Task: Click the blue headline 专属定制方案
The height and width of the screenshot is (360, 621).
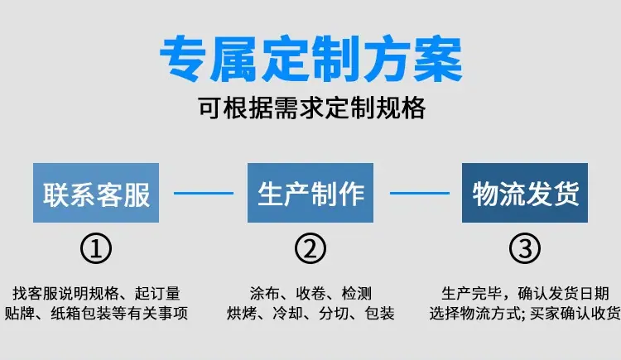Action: pyautogui.click(x=310, y=59)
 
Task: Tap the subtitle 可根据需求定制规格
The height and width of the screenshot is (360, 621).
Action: pyautogui.click(x=311, y=108)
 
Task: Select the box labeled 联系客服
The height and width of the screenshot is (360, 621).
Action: pyautogui.click(x=96, y=193)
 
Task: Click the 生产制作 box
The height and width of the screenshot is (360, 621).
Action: pyautogui.click(x=310, y=193)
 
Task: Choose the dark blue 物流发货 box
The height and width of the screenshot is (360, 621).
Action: pyautogui.click(x=525, y=193)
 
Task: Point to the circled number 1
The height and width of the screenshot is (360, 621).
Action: pyautogui.click(x=96, y=248)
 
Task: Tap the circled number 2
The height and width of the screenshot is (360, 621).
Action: pyautogui.click(x=310, y=248)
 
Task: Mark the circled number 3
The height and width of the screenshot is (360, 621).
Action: pyautogui.click(x=525, y=248)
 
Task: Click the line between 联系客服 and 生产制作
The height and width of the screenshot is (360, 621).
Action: pyautogui.click(x=204, y=194)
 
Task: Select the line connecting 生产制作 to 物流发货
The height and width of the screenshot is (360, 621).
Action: pyautogui.click(x=420, y=194)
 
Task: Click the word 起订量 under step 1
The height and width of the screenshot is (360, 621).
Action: pyautogui.click(x=157, y=294)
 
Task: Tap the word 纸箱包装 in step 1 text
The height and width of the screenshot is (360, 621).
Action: pyautogui.click(x=81, y=314)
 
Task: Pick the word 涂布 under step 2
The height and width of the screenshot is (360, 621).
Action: pyautogui.click(x=265, y=294)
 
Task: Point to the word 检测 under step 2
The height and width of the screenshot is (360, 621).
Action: pyautogui.click(x=356, y=294)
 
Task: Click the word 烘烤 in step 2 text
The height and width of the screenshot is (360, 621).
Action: pyautogui.click(x=242, y=314)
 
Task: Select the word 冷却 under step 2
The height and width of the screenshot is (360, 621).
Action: pyautogui.click(x=288, y=314)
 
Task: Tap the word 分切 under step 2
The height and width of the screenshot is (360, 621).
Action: pyautogui.click(x=334, y=314)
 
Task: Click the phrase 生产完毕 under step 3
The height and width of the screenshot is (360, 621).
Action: pyautogui.click(x=472, y=294)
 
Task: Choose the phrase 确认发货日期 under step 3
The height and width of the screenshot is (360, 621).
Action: pyautogui.click(x=563, y=294)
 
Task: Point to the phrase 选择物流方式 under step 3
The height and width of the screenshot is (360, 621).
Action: pyautogui.click(x=475, y=314)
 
